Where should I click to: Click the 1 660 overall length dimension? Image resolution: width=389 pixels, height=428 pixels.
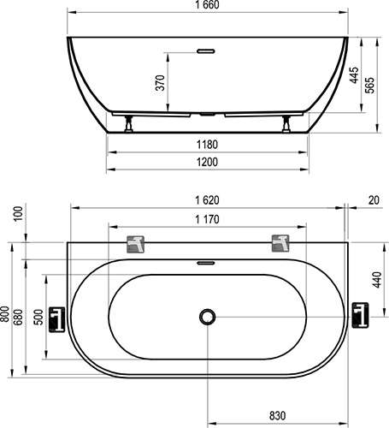click(x=207, y=5)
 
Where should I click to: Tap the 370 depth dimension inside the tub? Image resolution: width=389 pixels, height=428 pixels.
click(x=160, y=83)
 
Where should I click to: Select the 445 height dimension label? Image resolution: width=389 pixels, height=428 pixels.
click(x=354, y=75)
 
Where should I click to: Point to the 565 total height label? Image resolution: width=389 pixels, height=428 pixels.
click(x=369, y=85)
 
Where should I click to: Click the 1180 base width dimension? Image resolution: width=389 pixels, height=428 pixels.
click(x=207, y=145)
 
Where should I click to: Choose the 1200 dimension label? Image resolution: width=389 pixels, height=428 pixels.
click(x=207, y=162)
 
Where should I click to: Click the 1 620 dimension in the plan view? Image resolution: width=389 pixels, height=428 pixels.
click(x=207, y=200)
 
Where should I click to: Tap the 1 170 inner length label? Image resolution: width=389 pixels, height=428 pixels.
click(x=207, y=219)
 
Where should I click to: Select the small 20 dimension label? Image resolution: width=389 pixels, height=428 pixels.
click(x=374, y=200)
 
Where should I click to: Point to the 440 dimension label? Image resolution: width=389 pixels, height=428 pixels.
click(x=377, y=280)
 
